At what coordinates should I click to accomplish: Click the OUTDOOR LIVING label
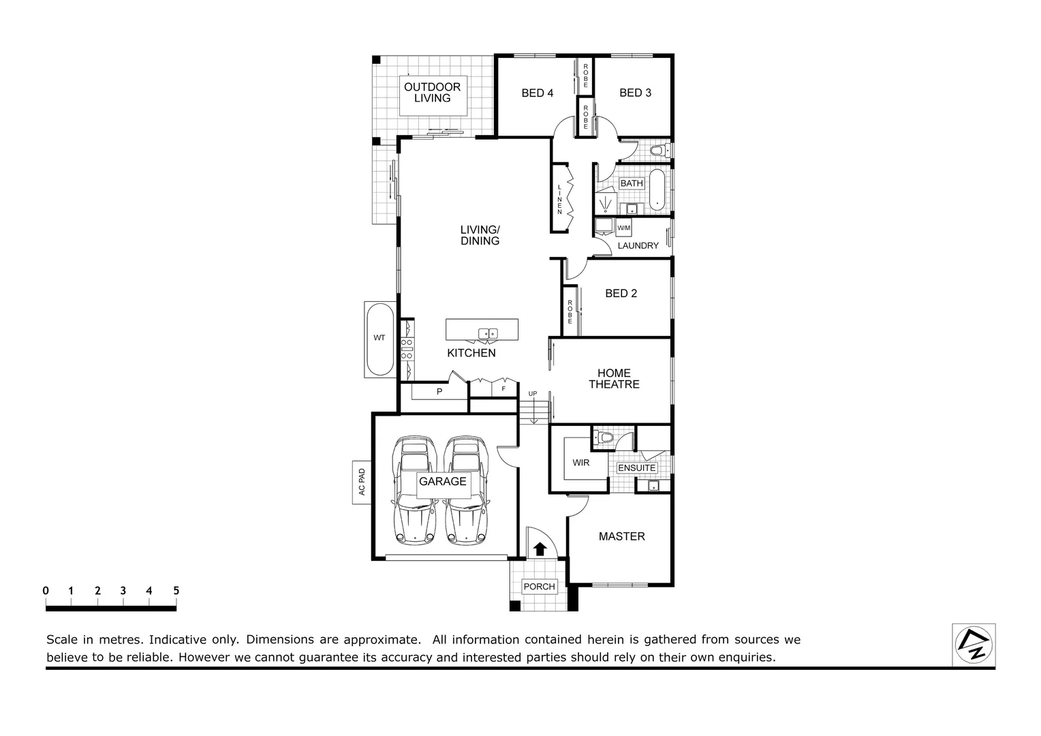[432, 93]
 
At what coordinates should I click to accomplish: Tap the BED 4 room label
[537, 93]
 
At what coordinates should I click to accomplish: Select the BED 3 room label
[635, 93]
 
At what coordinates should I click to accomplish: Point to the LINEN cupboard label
[560, 199]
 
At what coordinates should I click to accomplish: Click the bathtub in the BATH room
[657, 189]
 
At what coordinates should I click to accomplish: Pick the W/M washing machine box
[623, 228]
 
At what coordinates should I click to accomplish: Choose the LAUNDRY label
[638, 245]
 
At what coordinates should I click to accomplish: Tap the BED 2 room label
[621, 294]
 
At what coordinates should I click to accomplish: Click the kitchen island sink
[488, 333]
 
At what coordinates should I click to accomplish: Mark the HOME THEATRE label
[614, 379]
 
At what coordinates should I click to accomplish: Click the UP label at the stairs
[533, 394]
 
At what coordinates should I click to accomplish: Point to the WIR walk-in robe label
[580, 463]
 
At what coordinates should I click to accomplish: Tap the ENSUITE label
[636, 468]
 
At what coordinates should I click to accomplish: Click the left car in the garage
[414, 491]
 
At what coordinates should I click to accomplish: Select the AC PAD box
[361, 482]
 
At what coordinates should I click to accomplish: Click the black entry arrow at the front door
[540, 548]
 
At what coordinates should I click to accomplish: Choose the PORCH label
[539, 587]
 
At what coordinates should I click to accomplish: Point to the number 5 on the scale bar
[176, 591]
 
